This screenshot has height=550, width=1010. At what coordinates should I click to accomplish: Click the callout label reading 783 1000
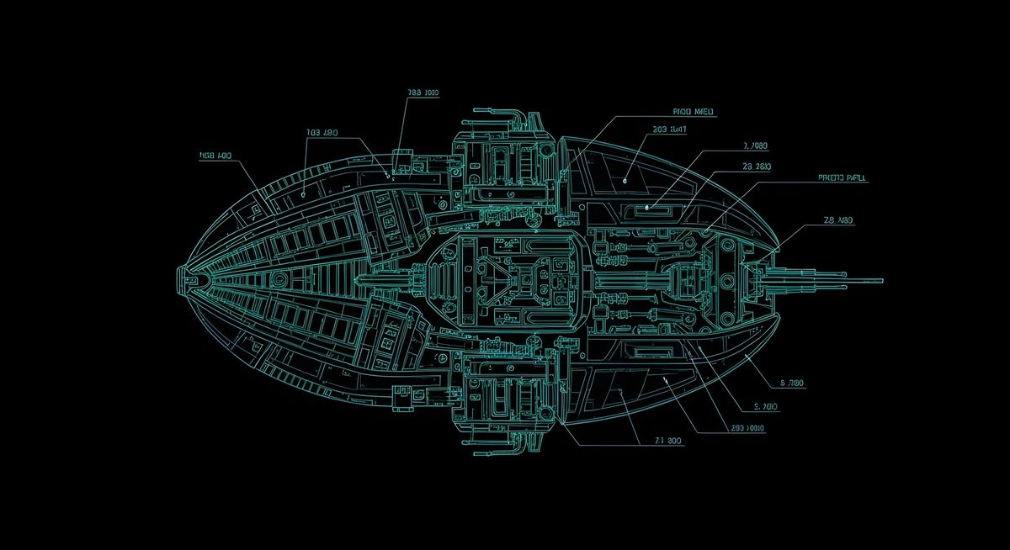423,93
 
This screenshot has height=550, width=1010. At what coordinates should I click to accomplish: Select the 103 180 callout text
322,133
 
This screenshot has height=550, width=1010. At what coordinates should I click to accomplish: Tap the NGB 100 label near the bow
215,156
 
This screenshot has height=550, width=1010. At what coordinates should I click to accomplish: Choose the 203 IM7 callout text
669,130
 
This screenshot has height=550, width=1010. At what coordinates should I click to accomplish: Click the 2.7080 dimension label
755,145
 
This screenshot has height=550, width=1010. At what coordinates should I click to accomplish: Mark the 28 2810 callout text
757,167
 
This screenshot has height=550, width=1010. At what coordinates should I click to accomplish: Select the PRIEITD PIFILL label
842,178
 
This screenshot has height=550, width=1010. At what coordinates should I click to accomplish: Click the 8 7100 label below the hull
793,383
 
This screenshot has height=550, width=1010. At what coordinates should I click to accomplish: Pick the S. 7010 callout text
766,406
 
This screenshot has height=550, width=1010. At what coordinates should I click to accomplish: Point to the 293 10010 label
747,428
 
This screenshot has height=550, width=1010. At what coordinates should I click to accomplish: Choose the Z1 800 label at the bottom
668,440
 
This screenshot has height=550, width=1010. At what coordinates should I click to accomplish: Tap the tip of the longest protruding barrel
881,281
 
